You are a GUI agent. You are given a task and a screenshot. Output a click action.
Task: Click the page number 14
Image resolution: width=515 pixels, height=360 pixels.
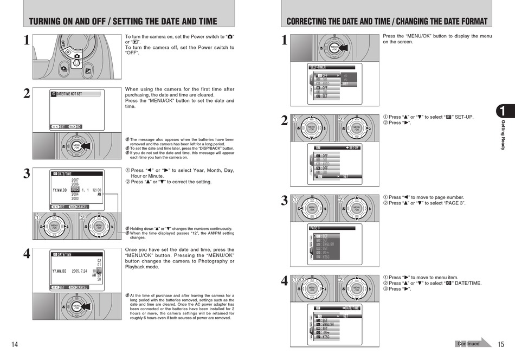(x=15, y=345)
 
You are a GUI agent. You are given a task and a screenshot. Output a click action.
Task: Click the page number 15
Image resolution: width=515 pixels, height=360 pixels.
(x=500, y=344)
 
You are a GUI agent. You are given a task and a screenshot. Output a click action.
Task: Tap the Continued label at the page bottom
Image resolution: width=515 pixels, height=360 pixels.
(x=468, y=343)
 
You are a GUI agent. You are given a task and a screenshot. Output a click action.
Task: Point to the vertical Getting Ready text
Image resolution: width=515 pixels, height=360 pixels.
(x=503, y=136)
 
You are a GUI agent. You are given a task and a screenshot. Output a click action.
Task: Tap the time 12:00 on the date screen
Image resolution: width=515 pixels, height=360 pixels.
(x=96, y=190)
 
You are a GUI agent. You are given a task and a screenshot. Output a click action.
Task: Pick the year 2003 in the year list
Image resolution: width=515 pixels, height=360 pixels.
(x=75, y=199)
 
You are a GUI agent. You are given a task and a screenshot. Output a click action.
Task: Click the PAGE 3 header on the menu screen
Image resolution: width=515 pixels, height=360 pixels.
(x=315, y=228)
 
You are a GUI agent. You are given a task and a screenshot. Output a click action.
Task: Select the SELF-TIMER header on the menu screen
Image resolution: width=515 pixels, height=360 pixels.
(x=318, y=67)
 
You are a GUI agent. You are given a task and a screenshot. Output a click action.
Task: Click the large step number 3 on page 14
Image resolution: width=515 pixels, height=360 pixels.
(x=27, y=174)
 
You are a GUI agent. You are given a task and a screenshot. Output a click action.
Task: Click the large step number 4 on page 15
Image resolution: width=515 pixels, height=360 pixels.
(x=284, y=281)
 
